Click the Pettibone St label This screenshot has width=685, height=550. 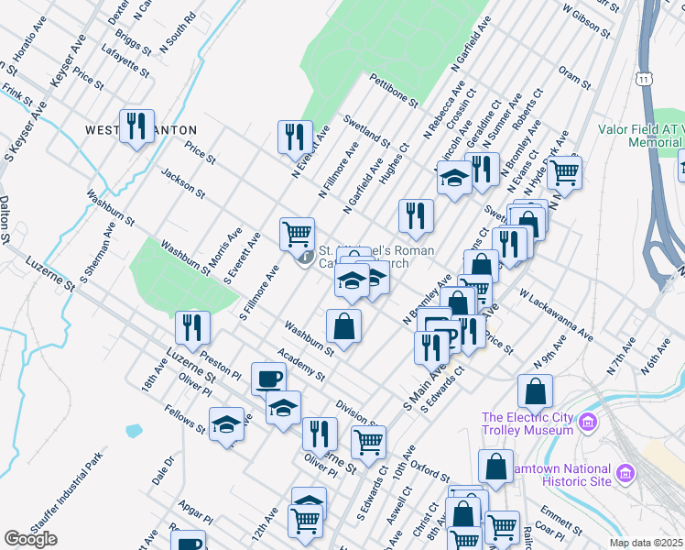[395, 91]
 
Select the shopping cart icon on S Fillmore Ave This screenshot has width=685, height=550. [297, 234]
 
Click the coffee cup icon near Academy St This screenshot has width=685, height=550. [269, 377]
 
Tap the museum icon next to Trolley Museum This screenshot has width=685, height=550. [587, 423]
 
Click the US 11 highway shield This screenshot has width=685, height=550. [647, 81]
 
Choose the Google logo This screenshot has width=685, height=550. [30, 539]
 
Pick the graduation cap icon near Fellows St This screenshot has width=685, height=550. [226, 423]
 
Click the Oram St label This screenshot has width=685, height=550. [575, 78]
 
